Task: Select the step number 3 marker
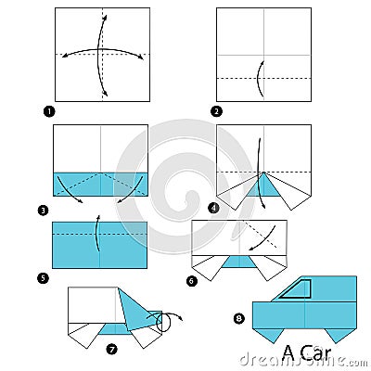coord(44,211)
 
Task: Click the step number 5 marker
coord(44,277)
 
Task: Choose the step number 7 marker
coord(112,349)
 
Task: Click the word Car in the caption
coord(314,354)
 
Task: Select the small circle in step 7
coord(166,324)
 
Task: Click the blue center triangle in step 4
coord(264,189)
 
